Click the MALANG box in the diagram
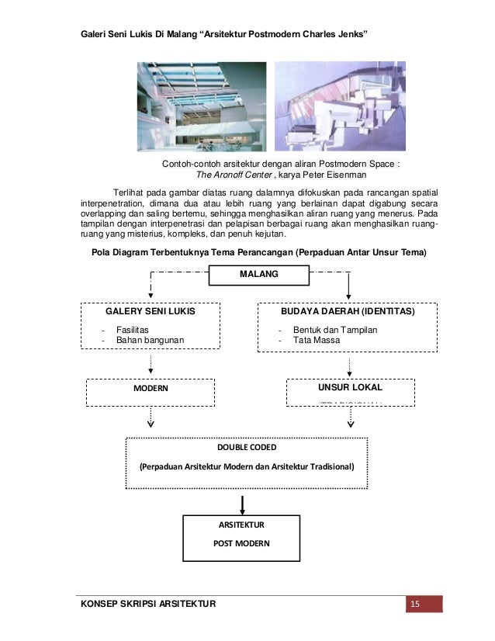pyautogui.click(x=260, y=275)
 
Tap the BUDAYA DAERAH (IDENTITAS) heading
pyautogui.click(x=347, y=311)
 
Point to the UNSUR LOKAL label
pyautogui.click(x=351, y=386)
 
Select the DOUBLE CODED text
pyautogui.click(x=247, y=448)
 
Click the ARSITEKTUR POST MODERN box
pyautogui.click(x=241, y=535)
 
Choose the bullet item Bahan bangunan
pyautogui.click(x=151, y=340)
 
